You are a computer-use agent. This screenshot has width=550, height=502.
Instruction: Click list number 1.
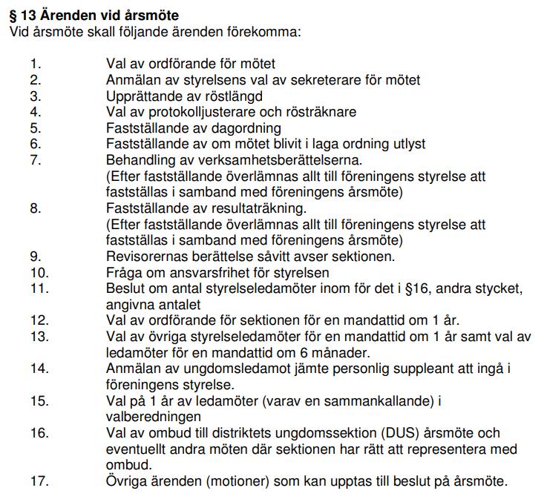(x=35, y=65)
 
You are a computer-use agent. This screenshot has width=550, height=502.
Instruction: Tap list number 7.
(x=35, y=160)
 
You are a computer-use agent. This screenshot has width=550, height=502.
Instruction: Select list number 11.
(x=39, y=288)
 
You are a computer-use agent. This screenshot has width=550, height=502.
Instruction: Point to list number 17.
(x=39, y=480)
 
